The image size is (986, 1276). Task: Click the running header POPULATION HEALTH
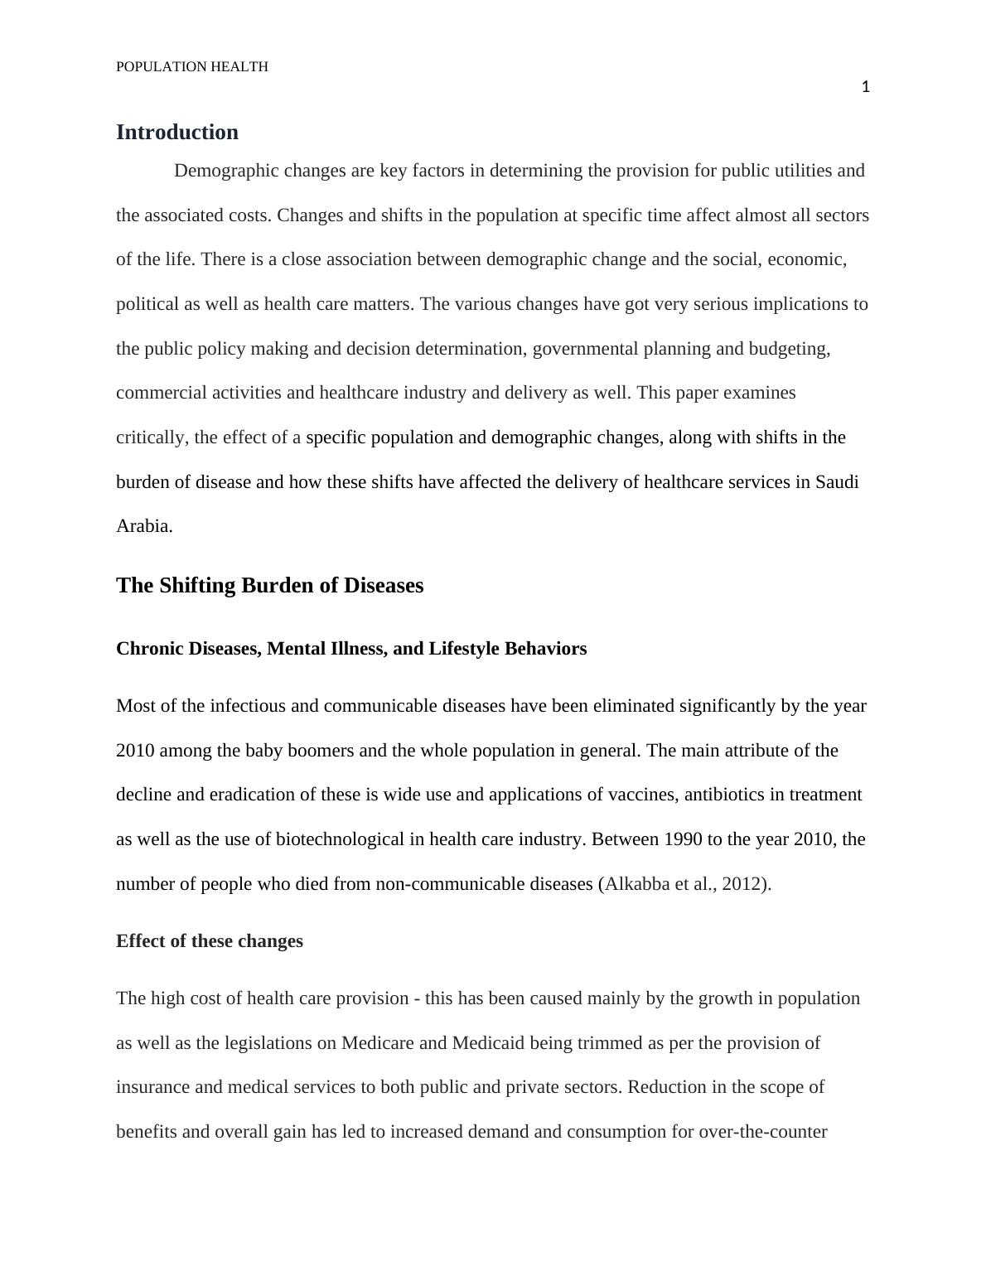pyautogui.click(x=192, y=67)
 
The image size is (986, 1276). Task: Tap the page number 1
pyautogui.click(x=865, y=87)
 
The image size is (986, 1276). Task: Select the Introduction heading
pyautogui.click(x=177, y=133)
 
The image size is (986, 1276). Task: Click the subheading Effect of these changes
pyautogui.click(x=210, y=941)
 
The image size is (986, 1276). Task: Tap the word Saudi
pyautogui.click(x=837, y=482)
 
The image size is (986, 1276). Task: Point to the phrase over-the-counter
pyautogui.click(x=763, y=1132)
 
